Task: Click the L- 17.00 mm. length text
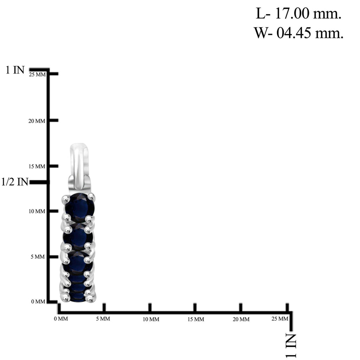coord(298,13)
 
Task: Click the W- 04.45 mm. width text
coord(298,33)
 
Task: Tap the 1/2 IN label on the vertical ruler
coord(15,182)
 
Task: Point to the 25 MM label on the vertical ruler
coord(37,75)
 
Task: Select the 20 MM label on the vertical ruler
coord(37,121)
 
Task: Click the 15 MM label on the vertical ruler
coord(37,166)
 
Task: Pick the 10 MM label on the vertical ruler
coord(37,211)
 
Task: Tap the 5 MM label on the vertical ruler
coord(38,257)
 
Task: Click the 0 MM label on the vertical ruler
coord(38,301)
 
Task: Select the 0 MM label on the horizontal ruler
coord(61,319)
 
